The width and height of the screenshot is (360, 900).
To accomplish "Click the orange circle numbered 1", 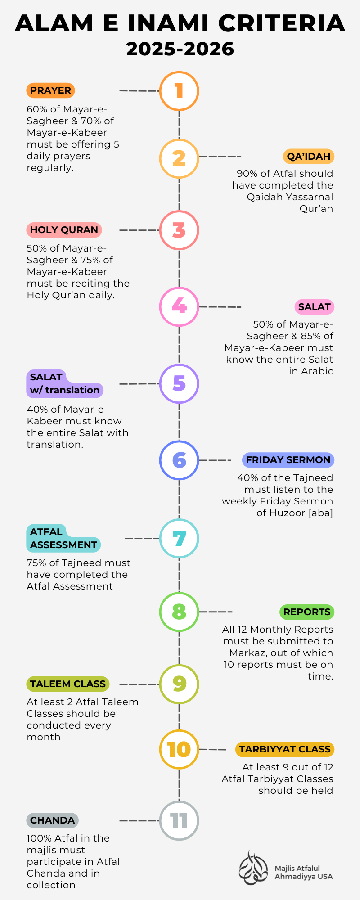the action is coord(179,91).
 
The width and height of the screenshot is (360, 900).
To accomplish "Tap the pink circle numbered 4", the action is coord(179,306).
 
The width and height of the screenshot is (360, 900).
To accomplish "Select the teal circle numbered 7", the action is coord(179,538).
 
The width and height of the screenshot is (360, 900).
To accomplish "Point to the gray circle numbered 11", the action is coord(179,820).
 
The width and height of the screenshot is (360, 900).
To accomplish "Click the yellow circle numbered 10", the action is coord(179,749).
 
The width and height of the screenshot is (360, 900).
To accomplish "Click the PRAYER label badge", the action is coord(50,90).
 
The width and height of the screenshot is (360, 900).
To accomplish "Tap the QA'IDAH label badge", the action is coord(309,157).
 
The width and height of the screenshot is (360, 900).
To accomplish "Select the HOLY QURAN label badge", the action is coord(64,230).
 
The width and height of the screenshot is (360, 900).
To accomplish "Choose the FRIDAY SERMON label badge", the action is coord(288,460).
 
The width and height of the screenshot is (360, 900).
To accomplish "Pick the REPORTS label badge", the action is coord(307,612).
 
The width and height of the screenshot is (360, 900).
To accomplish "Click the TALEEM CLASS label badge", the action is coord(68,684).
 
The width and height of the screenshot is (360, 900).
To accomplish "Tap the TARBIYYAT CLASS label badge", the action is coord(284,749).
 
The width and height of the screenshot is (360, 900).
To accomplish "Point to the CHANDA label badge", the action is coord(52,820).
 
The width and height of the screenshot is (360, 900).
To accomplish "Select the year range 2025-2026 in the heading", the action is coord(180,49).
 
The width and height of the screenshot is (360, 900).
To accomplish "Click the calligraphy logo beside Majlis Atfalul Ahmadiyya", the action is coord(253,868).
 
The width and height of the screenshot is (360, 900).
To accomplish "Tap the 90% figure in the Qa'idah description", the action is coord(246,174).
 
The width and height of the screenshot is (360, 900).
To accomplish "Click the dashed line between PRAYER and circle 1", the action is coord(139,91).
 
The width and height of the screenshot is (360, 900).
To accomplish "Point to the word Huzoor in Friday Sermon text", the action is coord(287,513).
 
